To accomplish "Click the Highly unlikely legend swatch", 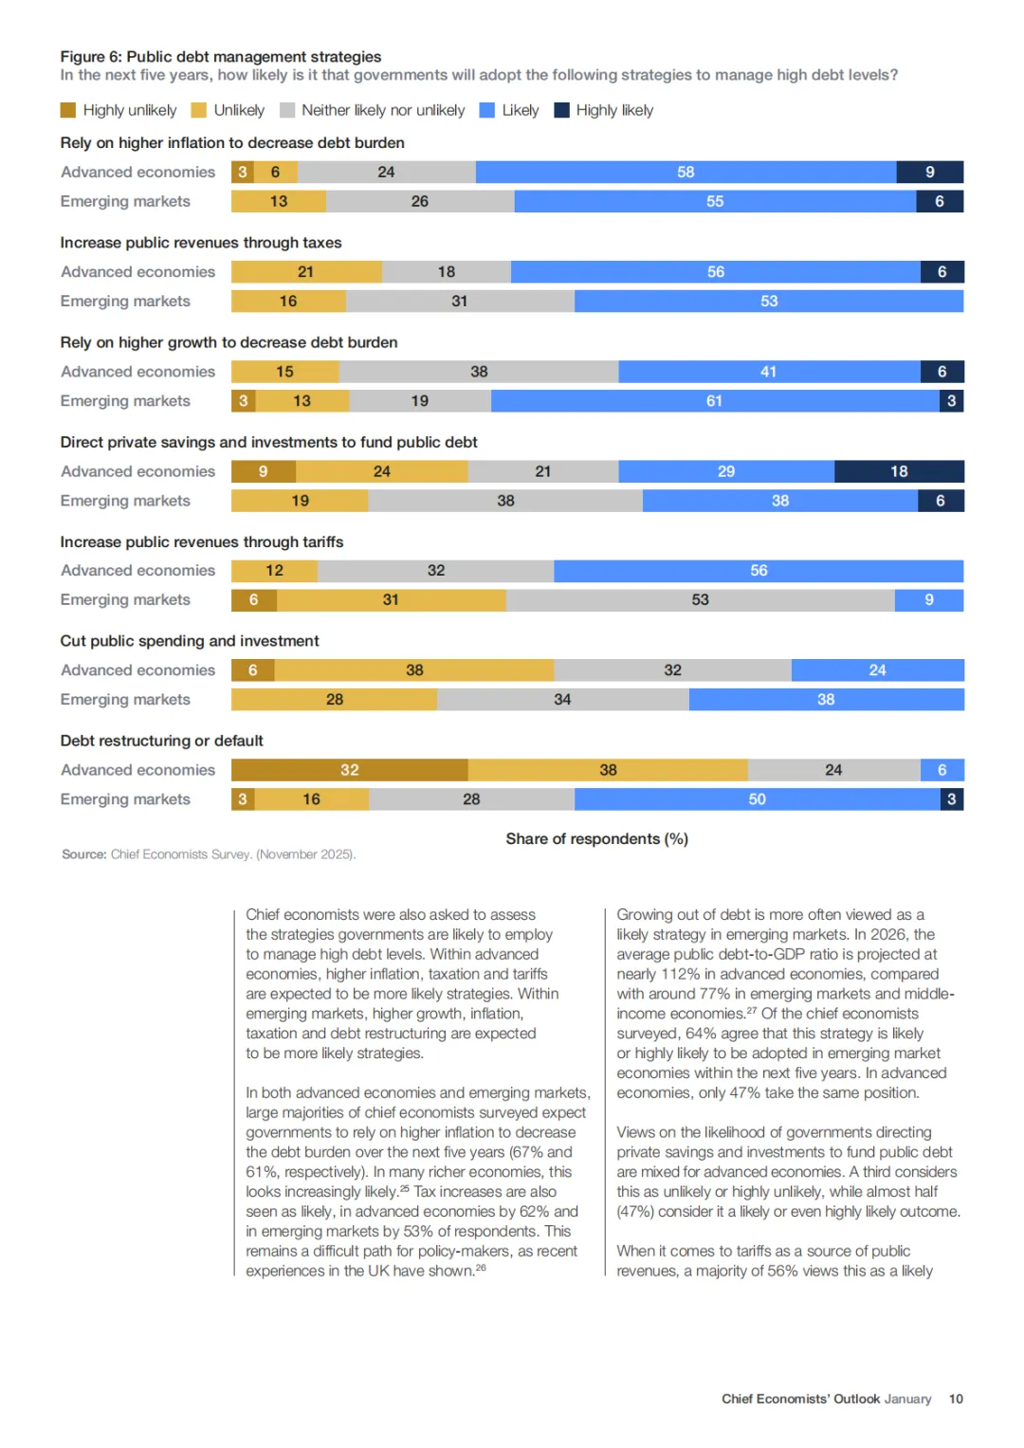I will [67, 110].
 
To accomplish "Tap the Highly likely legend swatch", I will [561, 110].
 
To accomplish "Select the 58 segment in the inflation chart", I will [686, 172].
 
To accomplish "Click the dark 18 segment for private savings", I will [899, 471].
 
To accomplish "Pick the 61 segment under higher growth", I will [714, 401].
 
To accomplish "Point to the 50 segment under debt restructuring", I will [757, 799].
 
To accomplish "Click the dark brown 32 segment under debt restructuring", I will [349, 770].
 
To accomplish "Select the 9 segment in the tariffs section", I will [929, 599].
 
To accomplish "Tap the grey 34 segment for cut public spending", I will [562, 700].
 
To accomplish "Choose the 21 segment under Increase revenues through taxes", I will [305, 272].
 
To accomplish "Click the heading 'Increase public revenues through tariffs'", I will [202, 541].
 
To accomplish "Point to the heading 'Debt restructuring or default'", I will [161, 741].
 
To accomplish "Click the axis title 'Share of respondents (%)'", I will [596, 839].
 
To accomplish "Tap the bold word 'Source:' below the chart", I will [83, 854].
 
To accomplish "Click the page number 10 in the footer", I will [956, 1399].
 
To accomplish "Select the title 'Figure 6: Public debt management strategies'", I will [221, 57].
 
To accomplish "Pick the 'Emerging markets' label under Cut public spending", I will [125, 700].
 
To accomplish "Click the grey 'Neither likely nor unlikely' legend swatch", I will [287, 110].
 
